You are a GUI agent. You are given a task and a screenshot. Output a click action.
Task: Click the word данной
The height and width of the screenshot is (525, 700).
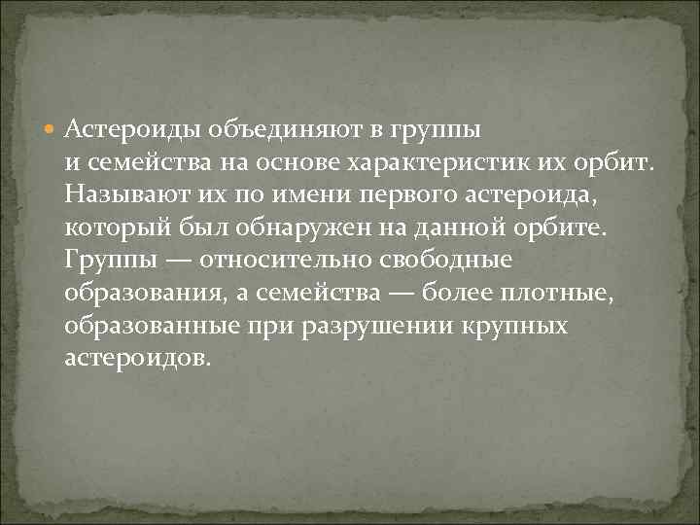[x=457, y=227]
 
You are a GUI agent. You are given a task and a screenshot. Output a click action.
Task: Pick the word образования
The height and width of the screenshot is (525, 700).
[x=139, y=294]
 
